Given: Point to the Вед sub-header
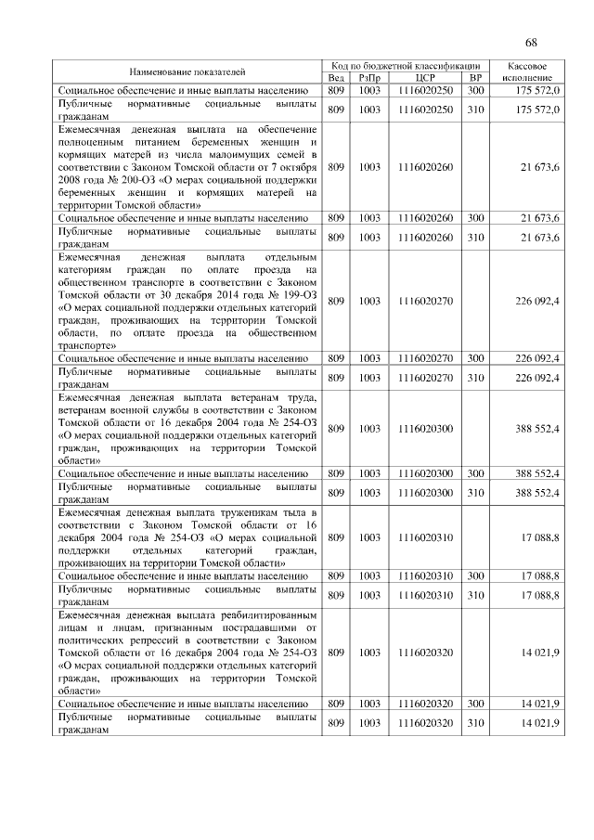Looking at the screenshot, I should tap(337, 78).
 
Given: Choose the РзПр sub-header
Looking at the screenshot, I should tap(369, 78).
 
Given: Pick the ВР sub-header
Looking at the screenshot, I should tap(476, 78).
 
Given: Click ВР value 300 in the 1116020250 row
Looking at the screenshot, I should tap(476, 91).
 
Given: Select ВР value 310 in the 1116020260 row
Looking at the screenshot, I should tap(476, 238).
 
